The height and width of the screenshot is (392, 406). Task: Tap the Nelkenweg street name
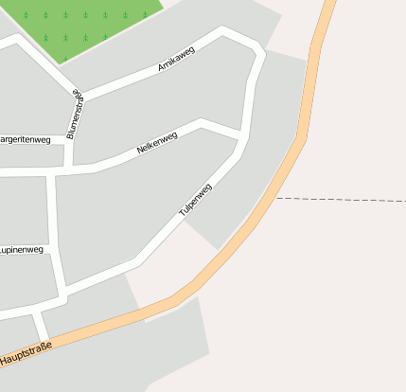point(157,143)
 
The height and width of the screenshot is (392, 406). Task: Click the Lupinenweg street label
point(21,250)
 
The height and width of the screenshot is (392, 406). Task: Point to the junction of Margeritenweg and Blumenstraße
point(72,139)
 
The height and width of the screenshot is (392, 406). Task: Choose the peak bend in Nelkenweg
point(200,122)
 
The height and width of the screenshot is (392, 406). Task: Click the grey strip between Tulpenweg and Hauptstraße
point(256,180)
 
